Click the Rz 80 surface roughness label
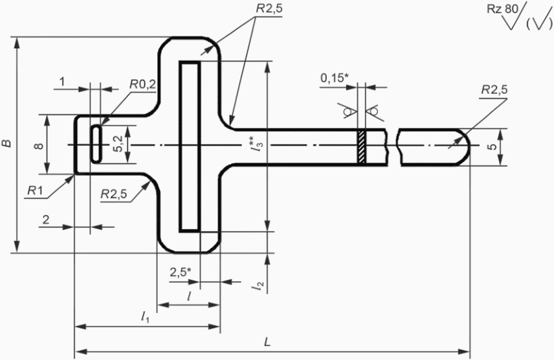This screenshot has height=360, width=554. [502, 9]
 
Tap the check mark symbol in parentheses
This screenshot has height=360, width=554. [539, 23]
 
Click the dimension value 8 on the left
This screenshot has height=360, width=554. [39, 145]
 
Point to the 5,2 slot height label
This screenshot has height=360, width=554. [118, 144]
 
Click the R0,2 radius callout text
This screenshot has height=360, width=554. [142, 84]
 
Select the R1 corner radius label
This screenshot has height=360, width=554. [35, 190]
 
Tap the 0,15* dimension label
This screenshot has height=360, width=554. [334, 78]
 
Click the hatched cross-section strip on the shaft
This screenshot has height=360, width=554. [361, 147]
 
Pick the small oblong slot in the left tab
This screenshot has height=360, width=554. [96, 144]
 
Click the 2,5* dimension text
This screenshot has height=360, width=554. [181, 272]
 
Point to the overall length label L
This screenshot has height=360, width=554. [267, 341]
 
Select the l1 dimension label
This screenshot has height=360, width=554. [145, 317]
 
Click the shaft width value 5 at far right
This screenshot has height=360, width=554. [493, 146]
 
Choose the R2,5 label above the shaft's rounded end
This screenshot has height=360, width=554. [494, 89]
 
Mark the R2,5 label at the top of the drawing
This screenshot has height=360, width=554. [269, 8]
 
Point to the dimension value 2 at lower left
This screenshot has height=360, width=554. [46, 219]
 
